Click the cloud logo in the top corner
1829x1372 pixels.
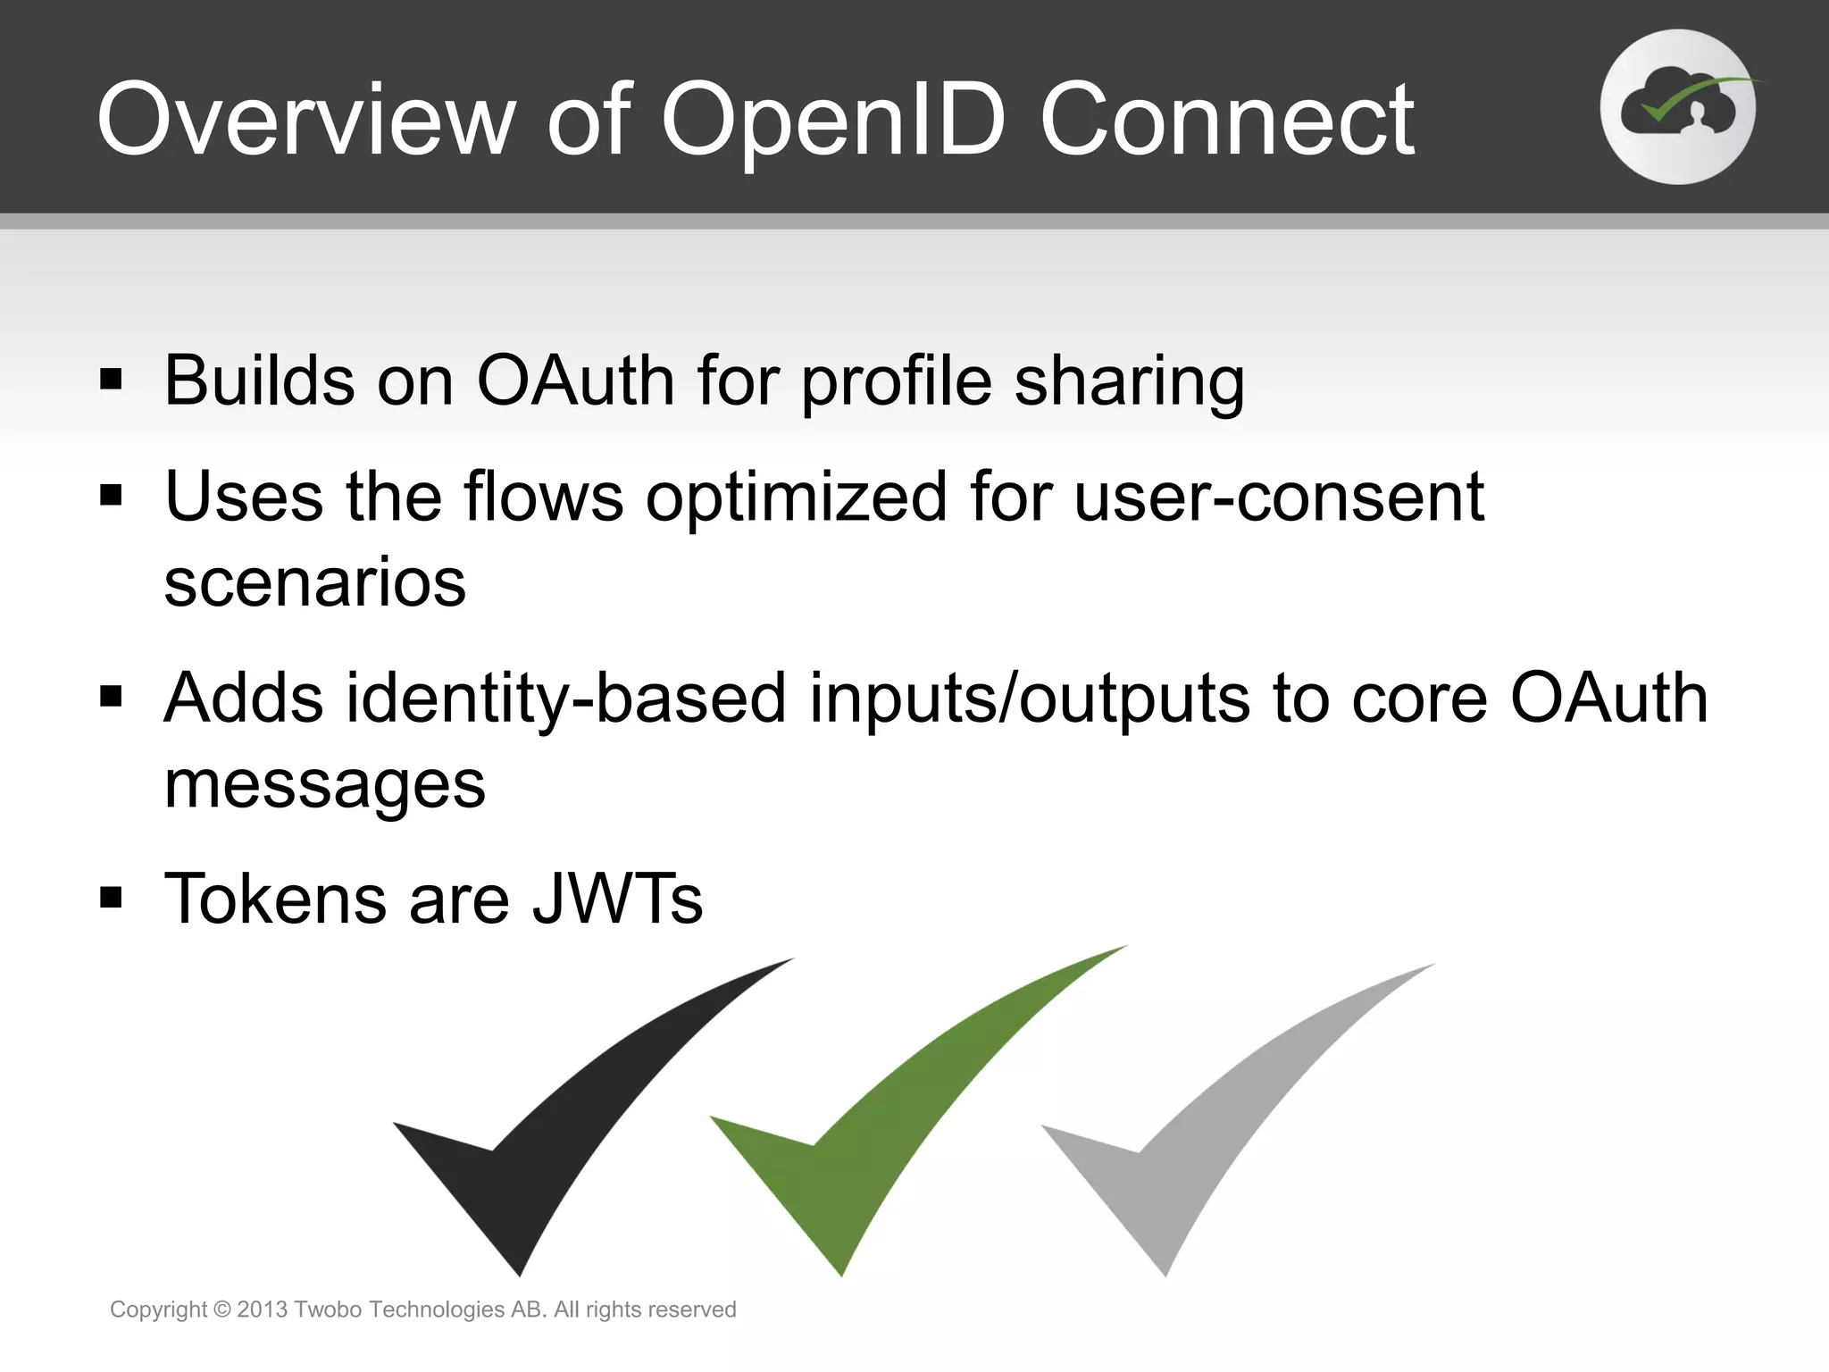coord(1677,107)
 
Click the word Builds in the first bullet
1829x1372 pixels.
coord(259,381)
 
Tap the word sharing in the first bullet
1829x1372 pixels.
coord(1129,382)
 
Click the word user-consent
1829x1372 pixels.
coord(1278,497)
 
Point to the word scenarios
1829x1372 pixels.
coord(315,582)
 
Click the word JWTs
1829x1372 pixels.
coord(617,899)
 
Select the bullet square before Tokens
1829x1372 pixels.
coord(111,897)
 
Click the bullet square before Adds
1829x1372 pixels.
coord(111,696)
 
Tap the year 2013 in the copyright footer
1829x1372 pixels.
coord(262,1309)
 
